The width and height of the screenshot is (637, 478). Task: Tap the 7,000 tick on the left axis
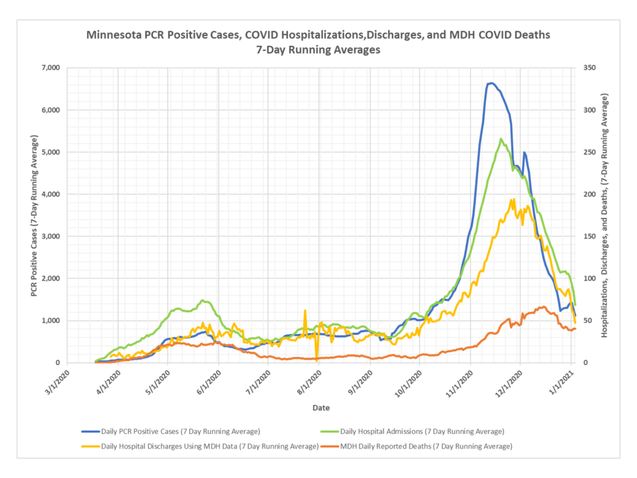(x=49, y=68)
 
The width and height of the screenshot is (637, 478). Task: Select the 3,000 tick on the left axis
(x=49, y=237)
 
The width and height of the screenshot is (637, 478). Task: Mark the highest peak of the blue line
(x=491, y=83)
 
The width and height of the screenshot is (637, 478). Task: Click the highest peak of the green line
(x=501, y=138)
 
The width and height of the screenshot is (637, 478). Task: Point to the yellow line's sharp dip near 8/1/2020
(x=317, y=359)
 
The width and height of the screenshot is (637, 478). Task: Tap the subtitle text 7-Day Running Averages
(x=318, y=50)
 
